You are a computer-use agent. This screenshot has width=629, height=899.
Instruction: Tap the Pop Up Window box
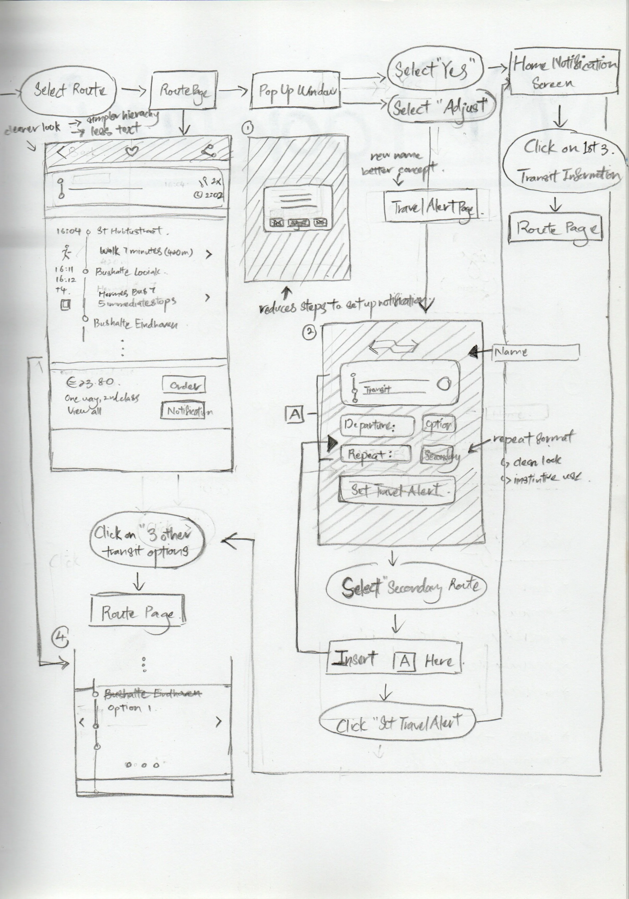point(295,91)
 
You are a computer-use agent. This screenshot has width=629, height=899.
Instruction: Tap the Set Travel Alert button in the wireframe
point(396,490)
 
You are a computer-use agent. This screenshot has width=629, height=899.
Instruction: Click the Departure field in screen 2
point(377,425)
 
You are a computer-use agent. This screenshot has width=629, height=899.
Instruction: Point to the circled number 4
point(61,639)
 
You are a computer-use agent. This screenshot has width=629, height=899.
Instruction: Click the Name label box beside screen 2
point(536,352)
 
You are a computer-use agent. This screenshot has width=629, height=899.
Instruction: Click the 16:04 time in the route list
point(68,231)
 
